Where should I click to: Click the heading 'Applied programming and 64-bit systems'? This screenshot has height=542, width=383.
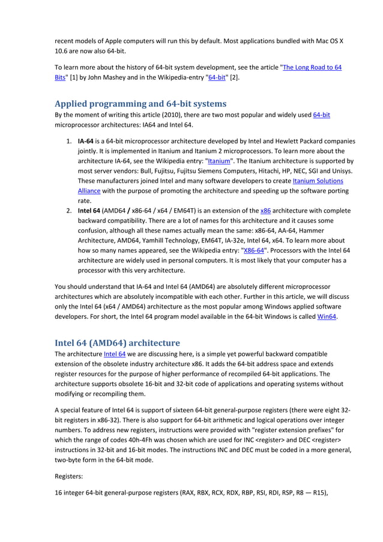[140, 103]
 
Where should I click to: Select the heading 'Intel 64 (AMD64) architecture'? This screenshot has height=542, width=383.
[117, 343]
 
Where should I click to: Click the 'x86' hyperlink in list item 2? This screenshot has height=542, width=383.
[265, 211]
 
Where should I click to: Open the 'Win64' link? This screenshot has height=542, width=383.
[327, 317]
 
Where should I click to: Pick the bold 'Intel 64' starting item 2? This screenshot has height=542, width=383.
[89, 211]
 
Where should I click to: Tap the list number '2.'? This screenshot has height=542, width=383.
[68, 211]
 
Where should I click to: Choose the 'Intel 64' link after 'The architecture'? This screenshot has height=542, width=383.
[113, 354]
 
